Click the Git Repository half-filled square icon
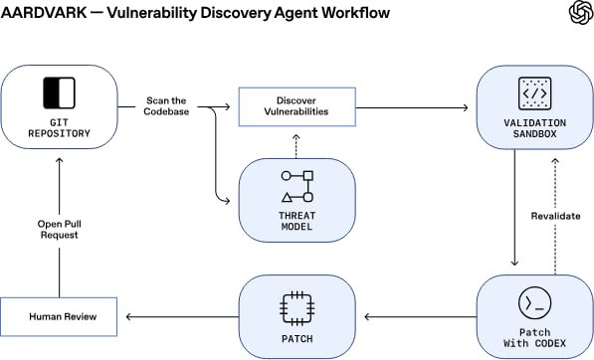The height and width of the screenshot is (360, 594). (x=59, y=92)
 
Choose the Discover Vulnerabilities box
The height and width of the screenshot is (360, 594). (x=297, y=106)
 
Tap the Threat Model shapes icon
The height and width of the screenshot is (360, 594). (x=297, y=186)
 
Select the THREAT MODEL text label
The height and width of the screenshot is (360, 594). (x=297, y=220)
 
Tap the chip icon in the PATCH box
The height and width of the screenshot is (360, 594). (x=297, y=305)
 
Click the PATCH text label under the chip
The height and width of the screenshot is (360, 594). (x=297, y=338)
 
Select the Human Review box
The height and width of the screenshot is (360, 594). (x=60, y=317)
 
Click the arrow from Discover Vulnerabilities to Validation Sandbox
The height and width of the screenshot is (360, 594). (x=412, y=106)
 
